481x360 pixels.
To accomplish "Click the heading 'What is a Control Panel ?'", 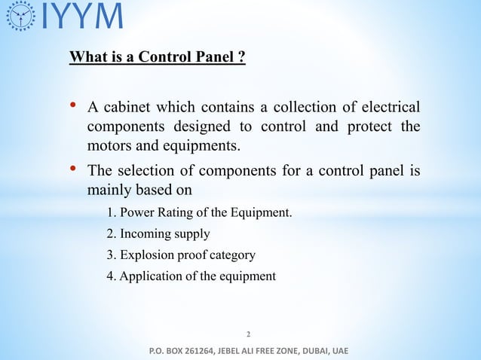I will click(x=157, y=57).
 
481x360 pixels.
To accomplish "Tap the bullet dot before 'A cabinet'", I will click(x=75, y=105).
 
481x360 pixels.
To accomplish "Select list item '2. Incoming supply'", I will click(x=158, y=233).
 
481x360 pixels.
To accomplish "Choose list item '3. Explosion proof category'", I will click(x=181, y=255).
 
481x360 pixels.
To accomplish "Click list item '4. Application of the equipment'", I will click(x=191, y=276).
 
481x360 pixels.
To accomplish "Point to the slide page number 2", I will click(x=249, y=332).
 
